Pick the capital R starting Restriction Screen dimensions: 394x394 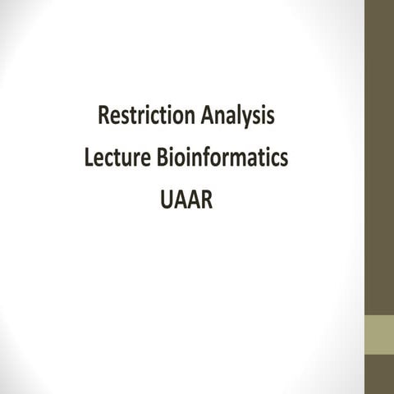point(103,117)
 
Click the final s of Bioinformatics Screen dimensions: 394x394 point(284,159)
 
